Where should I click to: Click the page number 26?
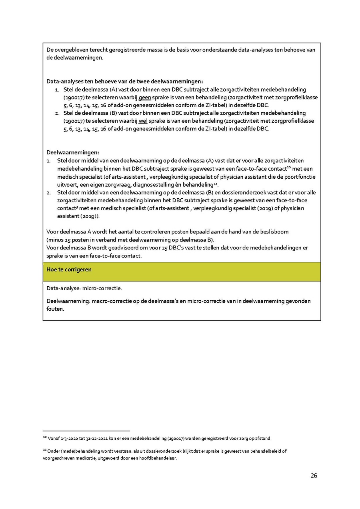(314, 475)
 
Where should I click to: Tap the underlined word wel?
(143, 121)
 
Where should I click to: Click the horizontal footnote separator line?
(86, 431)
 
